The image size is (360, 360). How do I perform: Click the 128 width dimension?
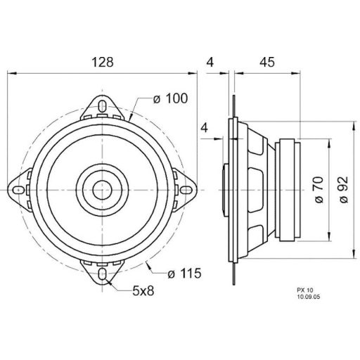tap(103, 62)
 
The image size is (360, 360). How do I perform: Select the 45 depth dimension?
tap(266, 62)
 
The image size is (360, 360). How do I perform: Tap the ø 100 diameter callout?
tap(169, 99)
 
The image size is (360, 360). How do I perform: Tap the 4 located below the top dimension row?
tap(205, 128)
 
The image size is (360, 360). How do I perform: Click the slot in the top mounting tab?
tap(103, 107)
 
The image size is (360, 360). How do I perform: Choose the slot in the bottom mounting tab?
tap(103, 273)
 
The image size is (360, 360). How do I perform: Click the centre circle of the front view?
tap(103, 189)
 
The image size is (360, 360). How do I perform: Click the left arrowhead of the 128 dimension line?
tap(15, 72)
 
